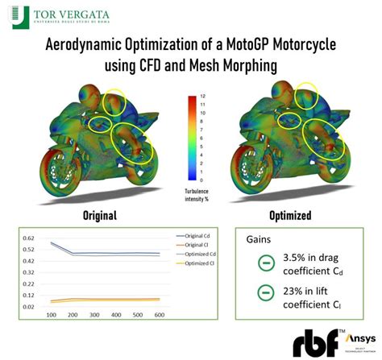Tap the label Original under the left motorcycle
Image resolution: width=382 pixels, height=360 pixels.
tap(100, 216)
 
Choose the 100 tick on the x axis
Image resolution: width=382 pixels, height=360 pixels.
tap(52, 315)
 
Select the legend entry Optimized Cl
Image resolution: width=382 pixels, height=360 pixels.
tap(191, 263)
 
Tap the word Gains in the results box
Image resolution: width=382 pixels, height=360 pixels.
tap(260, 238)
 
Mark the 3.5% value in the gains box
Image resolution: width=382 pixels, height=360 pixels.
tap(301, 257)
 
